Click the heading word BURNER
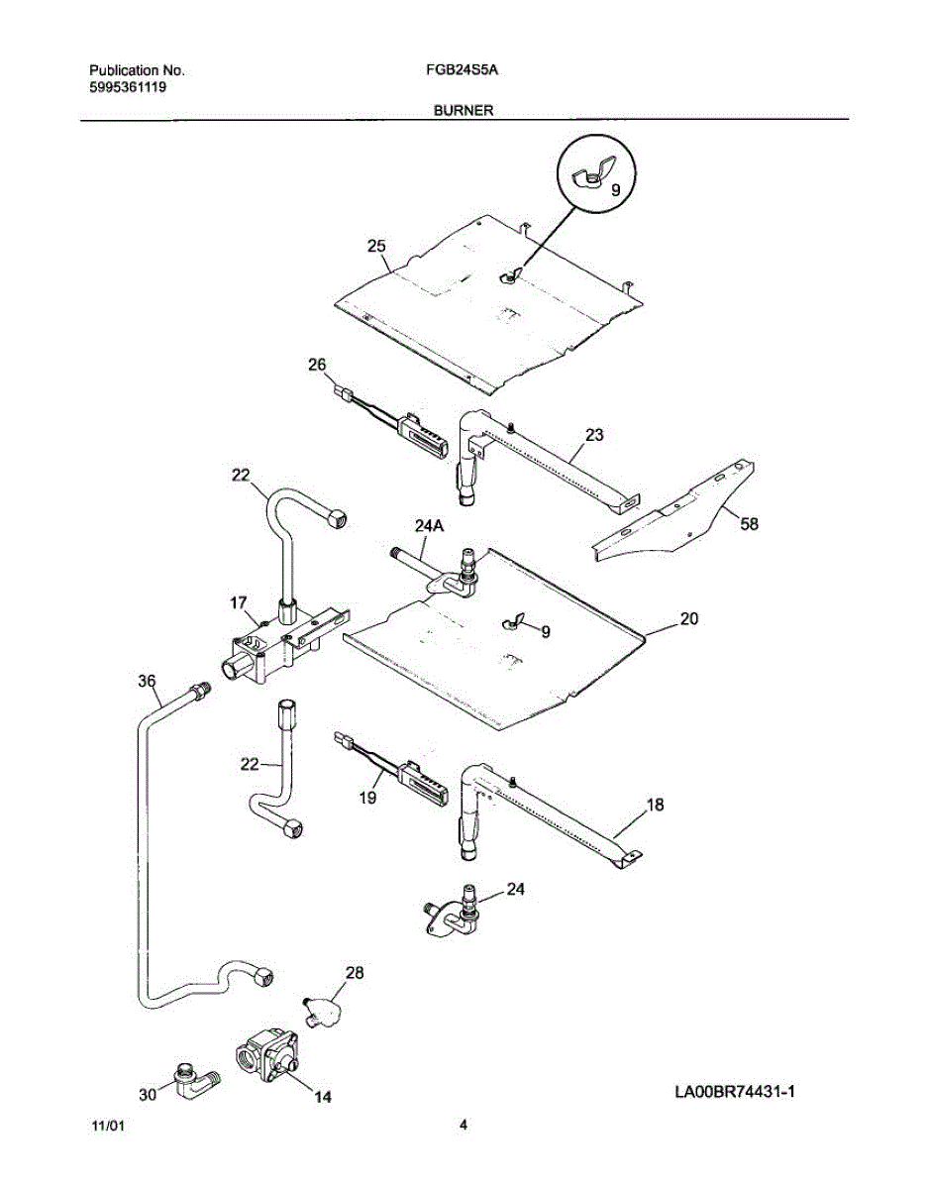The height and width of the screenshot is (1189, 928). (x=463, y=112)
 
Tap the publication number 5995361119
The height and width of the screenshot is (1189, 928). (x=128, y=87)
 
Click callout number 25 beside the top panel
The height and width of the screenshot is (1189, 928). (x=376, y=247)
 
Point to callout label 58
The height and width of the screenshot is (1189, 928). (x=750, y=525)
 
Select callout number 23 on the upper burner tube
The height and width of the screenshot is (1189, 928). (x=594, y=434)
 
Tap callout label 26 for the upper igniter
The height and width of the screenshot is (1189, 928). (x=317, y=365)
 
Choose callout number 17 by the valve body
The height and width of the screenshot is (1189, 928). (x=238, y=601)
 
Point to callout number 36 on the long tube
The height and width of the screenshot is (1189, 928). (x=147, y=682)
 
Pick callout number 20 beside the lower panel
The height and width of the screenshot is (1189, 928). (x=689, y=619)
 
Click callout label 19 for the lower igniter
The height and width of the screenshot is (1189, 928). (x=368, y=795)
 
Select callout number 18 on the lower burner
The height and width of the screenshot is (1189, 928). (x=656, y=805)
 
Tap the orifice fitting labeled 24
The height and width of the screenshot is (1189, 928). (x=458, y=913)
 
